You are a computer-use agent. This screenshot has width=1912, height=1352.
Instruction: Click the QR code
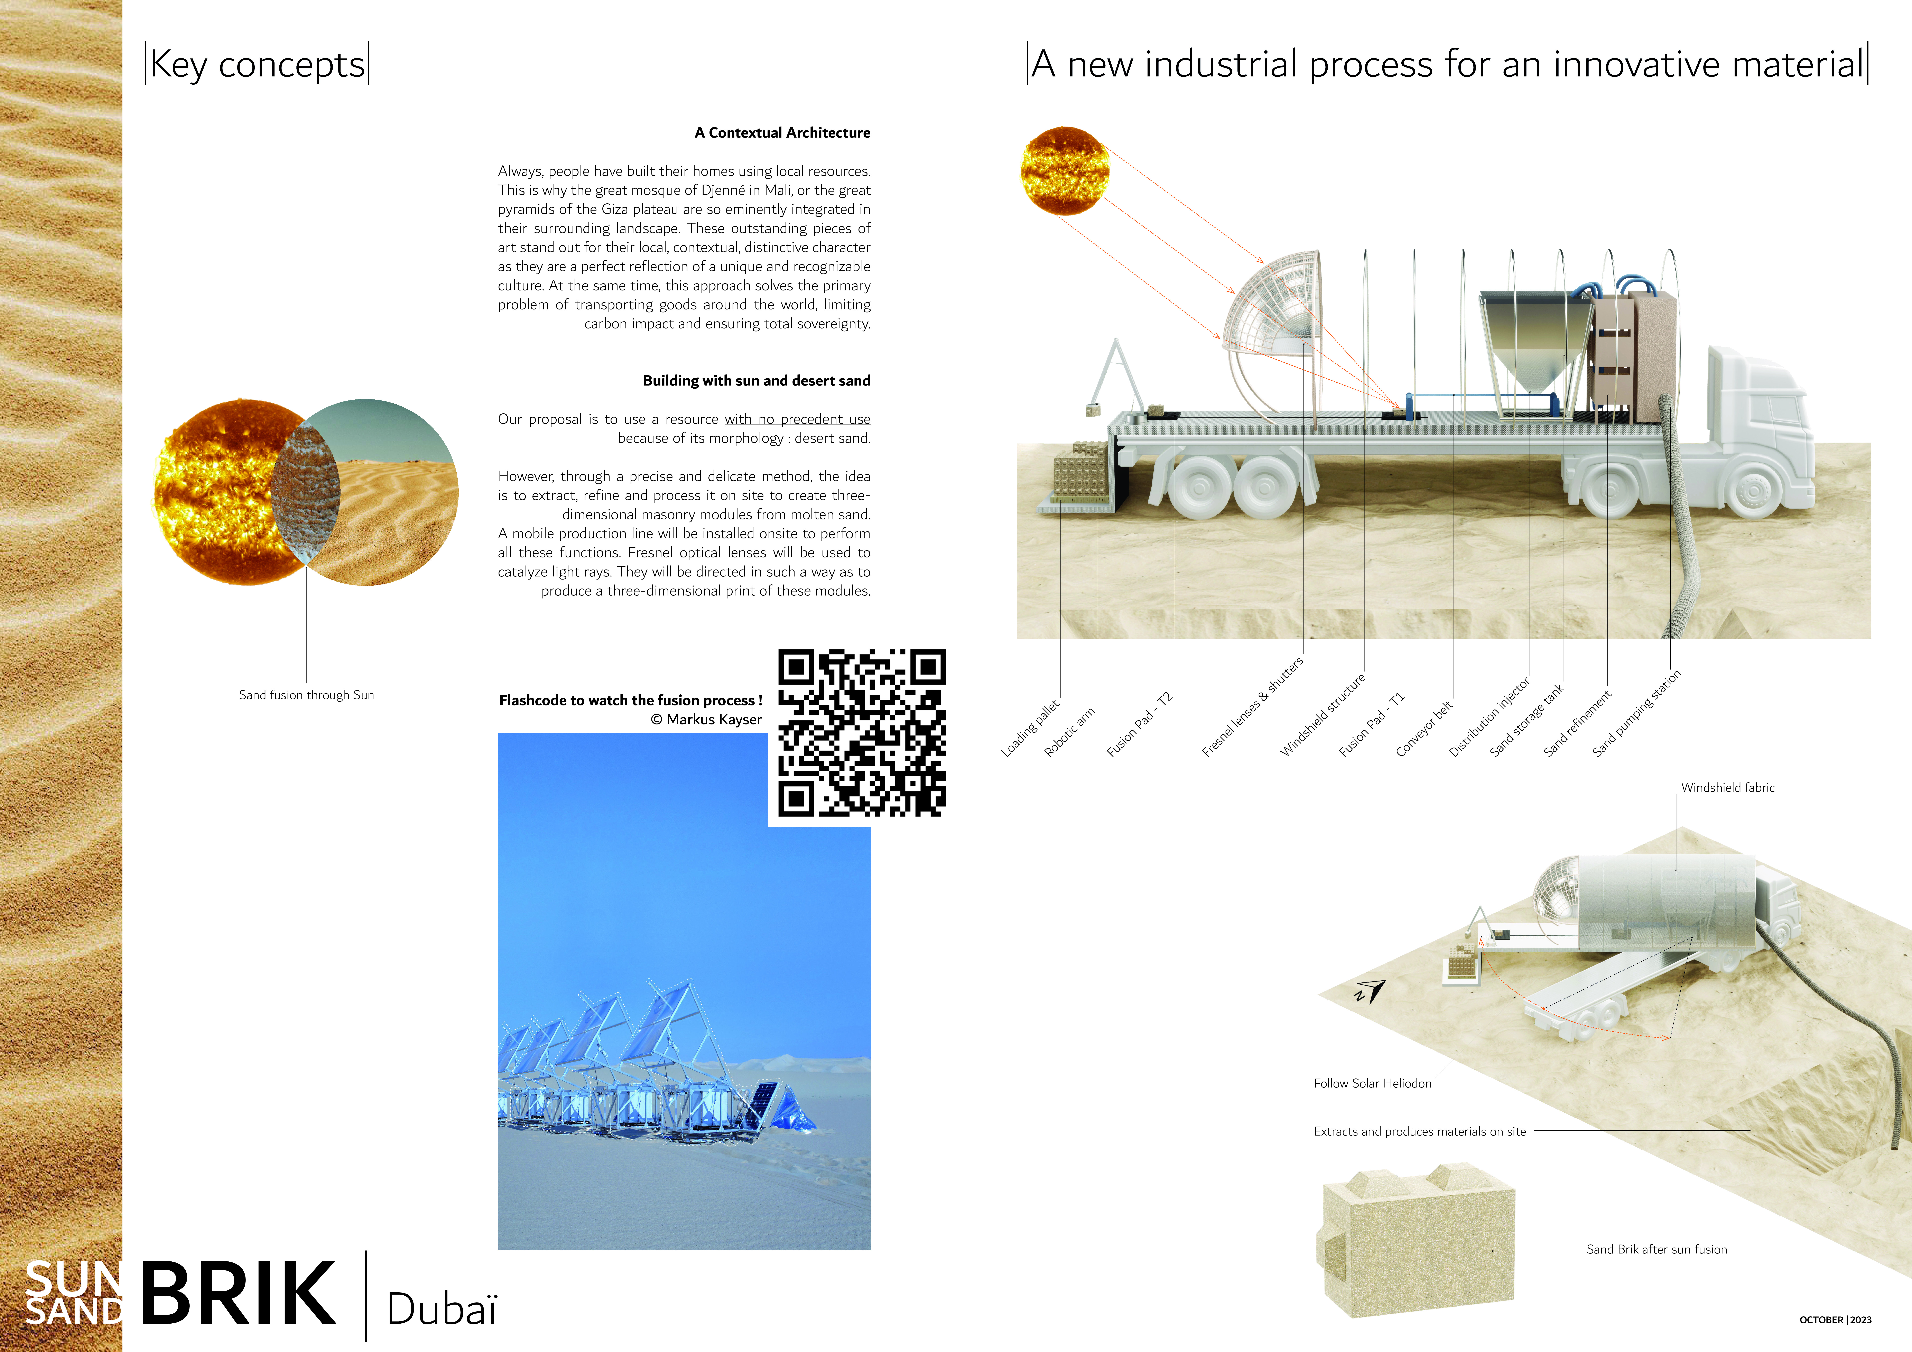click(862, 733)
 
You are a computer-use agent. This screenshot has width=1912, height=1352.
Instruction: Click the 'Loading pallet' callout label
click(1030, 728)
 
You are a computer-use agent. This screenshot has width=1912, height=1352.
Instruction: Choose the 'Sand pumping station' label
click(1636, 713)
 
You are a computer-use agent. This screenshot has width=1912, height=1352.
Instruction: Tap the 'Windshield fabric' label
click(1728, 787)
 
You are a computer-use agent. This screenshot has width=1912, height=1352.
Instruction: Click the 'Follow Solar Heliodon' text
click(1372, 1083)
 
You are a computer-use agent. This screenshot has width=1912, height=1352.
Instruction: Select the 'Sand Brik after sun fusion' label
click(1656, 1250)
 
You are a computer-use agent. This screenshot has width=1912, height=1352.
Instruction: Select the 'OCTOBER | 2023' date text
click(1835, 1319)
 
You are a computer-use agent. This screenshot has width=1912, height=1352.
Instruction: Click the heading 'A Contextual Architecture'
click(783, 132)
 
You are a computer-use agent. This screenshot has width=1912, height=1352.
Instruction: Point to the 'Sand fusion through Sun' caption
click(306, 695)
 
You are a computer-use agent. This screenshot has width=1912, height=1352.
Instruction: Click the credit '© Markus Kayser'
click(706, 720)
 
